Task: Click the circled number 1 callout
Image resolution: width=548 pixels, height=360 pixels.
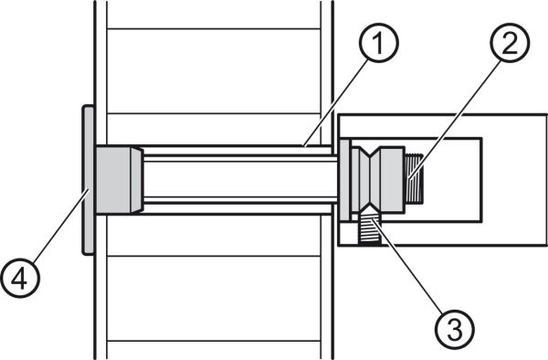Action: [379, 43]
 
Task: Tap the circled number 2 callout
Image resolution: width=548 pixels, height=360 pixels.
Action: [510, 43]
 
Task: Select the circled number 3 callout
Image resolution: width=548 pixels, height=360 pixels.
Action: [455, 329]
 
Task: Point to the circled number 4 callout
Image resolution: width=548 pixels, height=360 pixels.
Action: [20, 278]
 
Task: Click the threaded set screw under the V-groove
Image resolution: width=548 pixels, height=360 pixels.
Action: [369, 229]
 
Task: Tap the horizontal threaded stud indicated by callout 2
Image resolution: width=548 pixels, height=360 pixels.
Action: [414, 179]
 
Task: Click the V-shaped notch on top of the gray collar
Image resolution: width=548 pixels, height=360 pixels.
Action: [369, 154]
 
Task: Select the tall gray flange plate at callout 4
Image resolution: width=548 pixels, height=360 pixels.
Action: [88, 180]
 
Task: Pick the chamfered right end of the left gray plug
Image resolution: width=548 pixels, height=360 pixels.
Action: [137, 180]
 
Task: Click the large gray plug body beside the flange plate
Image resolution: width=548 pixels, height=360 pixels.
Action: [113, 180]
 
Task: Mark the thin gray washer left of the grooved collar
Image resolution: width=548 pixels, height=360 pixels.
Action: [345, 180]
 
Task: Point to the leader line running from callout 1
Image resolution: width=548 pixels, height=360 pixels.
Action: [336, 102]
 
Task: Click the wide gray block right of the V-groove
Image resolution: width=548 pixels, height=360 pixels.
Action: [392, 180]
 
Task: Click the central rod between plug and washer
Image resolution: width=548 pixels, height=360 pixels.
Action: [240, 180]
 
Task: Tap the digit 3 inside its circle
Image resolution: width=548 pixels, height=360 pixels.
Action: [455, 329]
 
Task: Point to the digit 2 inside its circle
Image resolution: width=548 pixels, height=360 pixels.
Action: [510, 43]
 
